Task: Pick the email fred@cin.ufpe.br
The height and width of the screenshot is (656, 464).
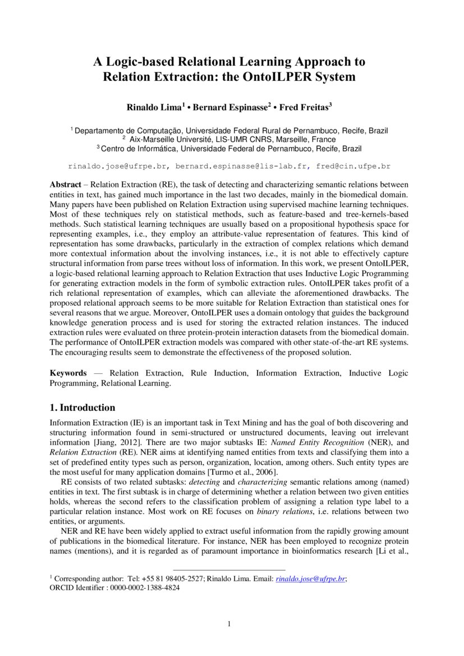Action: (353, 166)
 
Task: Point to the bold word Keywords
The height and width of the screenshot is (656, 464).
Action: (68, 373)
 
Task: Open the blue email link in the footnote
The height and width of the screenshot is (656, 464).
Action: (310, 579)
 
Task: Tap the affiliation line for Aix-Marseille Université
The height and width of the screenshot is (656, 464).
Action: (232, 139)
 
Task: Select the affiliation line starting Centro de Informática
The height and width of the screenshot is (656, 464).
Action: (231, 148)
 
